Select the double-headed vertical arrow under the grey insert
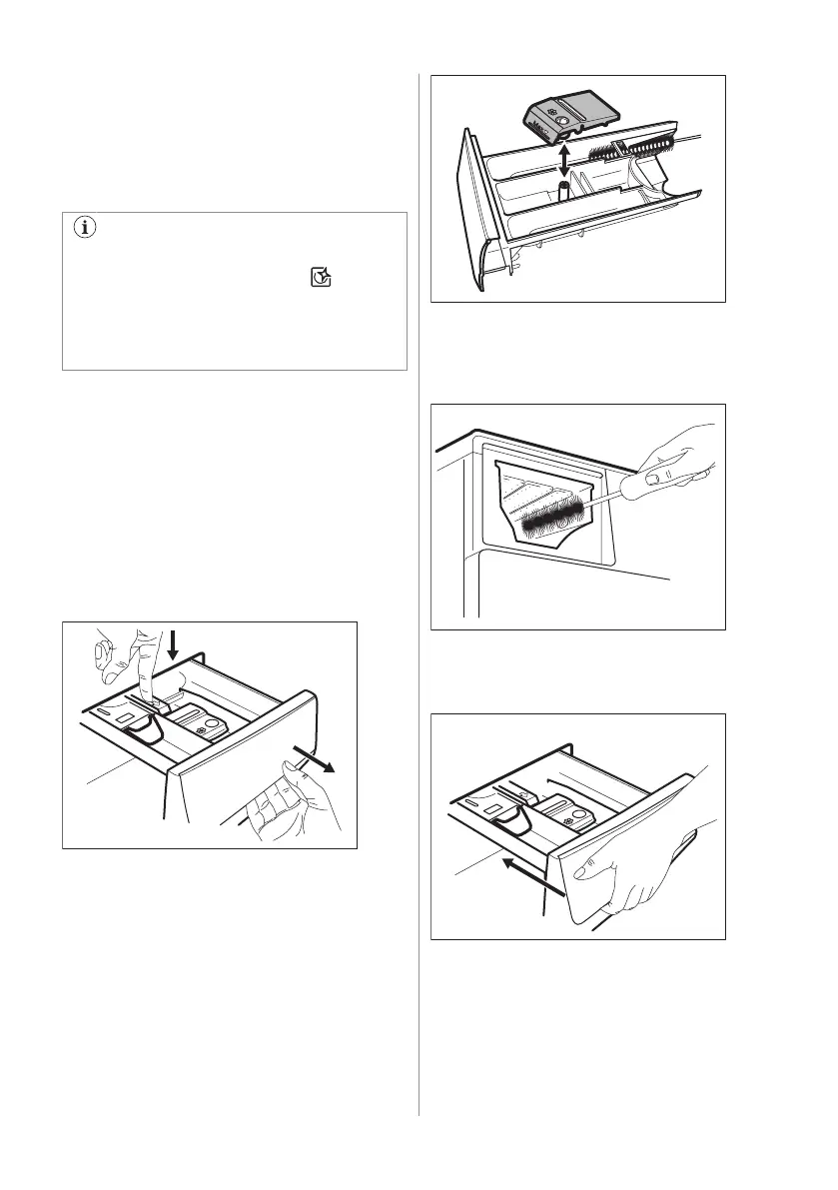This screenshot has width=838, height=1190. (x=564, y=158)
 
